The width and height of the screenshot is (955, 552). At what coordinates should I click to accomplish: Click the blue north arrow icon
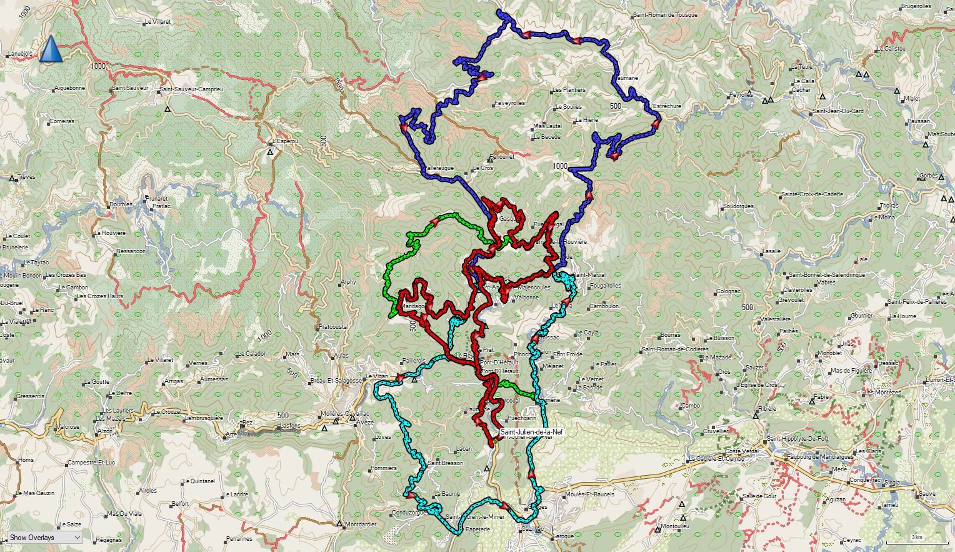51,49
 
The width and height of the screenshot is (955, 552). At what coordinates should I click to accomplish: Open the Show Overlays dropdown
44,537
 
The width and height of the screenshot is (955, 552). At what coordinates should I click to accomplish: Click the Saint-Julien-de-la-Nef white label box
531,431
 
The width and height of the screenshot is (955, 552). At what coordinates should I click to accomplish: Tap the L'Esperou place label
283,141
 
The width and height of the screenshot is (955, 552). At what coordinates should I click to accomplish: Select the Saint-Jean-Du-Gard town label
838,111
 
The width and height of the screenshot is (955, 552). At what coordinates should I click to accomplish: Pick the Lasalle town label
771,251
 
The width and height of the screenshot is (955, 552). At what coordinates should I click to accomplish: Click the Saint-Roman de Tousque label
665,14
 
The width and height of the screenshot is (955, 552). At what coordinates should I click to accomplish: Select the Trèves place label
26,176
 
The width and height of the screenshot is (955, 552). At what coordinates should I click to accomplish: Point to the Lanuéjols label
20,54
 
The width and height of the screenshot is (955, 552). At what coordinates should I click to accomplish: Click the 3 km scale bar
917,537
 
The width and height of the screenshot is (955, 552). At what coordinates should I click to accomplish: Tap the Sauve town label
927,494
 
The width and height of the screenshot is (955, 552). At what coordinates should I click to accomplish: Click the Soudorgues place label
738,206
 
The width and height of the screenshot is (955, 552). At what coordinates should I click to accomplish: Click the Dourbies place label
121,204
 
